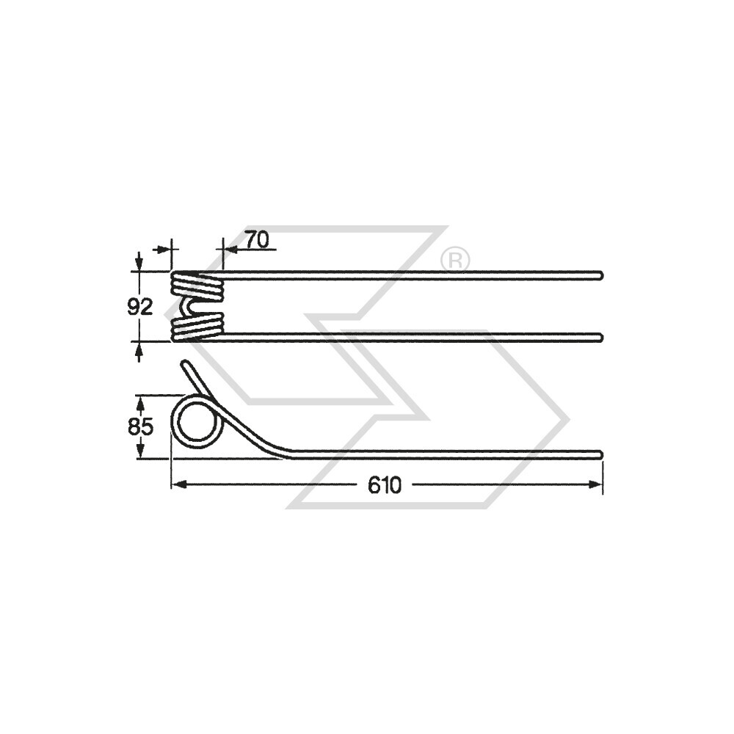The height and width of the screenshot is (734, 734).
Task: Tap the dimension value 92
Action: [139, 307]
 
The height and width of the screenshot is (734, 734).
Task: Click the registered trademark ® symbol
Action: [455, 260]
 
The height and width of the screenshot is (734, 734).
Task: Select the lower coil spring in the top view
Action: [197, 327]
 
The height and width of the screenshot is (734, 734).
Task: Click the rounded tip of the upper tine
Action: [600, 275]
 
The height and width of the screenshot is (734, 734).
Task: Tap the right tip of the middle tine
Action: [600, 337]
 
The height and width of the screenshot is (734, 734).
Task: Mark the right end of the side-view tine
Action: [600, 454]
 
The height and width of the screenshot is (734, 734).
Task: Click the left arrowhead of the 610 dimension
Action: [177, 484]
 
